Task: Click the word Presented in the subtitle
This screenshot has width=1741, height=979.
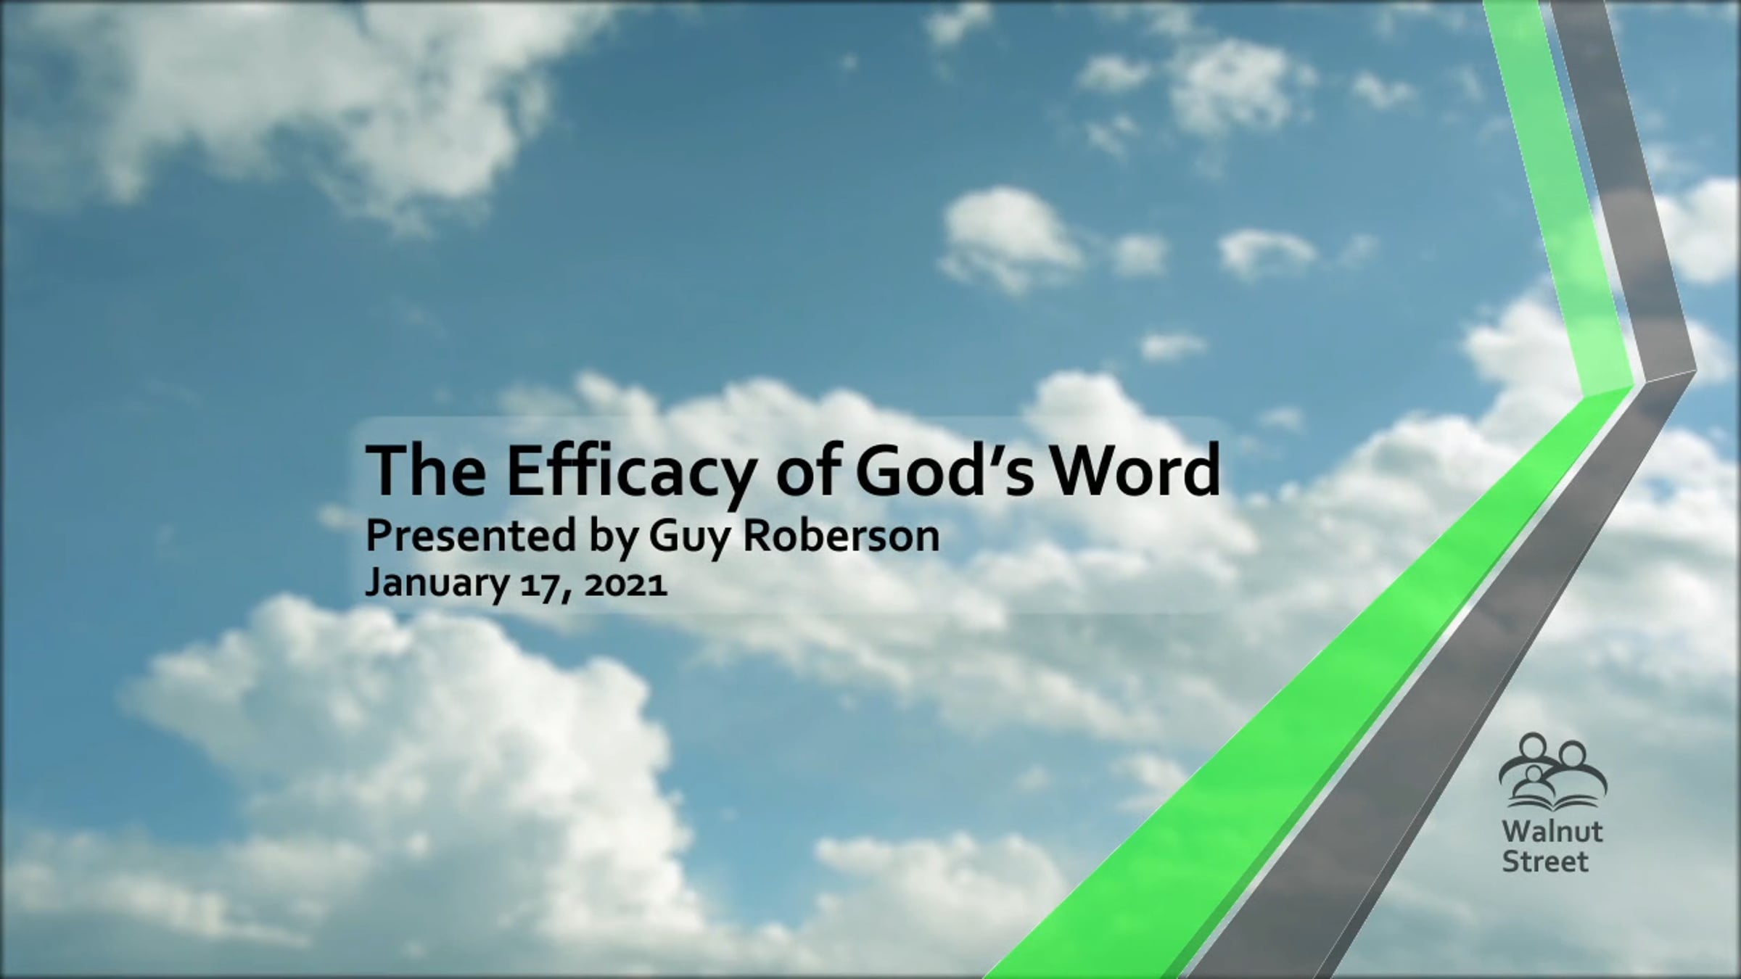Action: [470, 536]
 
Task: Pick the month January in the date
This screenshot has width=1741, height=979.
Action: [437, 584]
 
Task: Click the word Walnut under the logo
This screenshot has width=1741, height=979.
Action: [1553, 832]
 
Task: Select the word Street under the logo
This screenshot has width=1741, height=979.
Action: [1545, 862]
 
